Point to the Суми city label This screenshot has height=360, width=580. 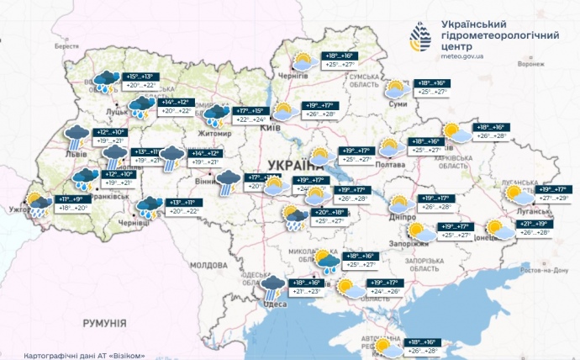398,103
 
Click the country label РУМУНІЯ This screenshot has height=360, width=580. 103,323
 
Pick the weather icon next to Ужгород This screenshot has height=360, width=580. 37,204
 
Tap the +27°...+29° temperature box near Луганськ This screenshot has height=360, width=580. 551,198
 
